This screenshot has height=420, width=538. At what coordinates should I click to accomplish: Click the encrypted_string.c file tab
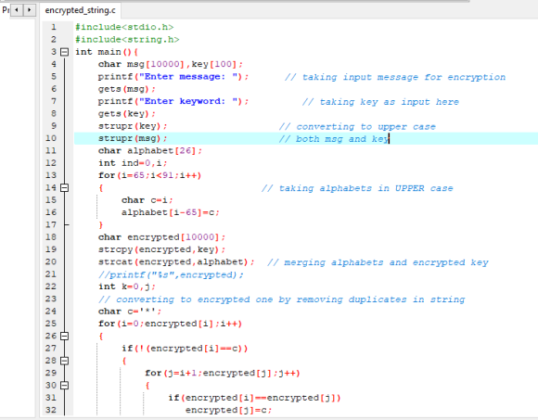(81, 10)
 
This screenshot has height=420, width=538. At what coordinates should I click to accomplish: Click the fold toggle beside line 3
(64, 52)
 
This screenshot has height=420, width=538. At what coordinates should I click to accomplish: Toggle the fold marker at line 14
(64, 188)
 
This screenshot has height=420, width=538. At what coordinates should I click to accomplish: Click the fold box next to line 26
(64, 336)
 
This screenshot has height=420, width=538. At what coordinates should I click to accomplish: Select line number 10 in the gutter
(51, 138)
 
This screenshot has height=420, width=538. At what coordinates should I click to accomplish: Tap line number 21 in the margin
(51, 274)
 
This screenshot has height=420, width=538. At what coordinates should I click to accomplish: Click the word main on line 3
(109, 52)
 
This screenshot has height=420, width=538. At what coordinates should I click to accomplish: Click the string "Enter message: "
(190, 76)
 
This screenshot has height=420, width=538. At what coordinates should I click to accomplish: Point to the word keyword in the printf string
(200, 101)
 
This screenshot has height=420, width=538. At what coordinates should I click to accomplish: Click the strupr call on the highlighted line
(115, 138)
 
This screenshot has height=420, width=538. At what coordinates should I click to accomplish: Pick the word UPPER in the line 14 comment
(410, 188)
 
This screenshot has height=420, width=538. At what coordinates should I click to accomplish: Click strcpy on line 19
(115, 249)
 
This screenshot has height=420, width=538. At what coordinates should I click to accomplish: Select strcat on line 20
(115, 262)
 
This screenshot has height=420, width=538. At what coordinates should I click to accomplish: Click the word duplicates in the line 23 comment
(378, 299)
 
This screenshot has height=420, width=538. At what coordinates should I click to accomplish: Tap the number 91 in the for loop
(168, 175)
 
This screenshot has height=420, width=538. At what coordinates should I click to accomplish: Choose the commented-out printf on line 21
(171, 274)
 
